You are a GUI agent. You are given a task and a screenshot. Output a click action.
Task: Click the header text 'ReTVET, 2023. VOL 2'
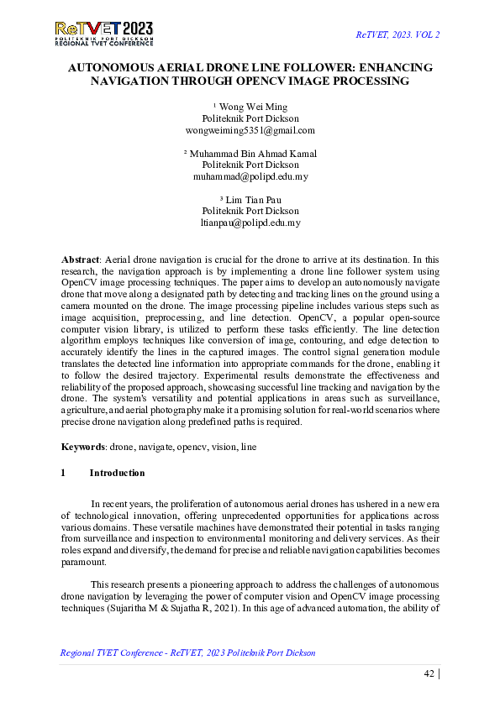(x=398, y=34)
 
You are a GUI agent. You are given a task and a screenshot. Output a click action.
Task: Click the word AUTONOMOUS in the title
(x=113, y=67)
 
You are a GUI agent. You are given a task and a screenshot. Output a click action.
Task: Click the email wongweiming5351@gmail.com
(x=250, y=131)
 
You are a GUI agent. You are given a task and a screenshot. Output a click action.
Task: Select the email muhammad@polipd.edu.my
(x=250, y=177)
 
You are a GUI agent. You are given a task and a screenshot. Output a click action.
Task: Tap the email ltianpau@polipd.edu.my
(x=250, y=223)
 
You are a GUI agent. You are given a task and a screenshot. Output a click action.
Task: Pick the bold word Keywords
(x=84, y=448)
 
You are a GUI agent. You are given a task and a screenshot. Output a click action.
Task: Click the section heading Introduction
(x=117, y=473)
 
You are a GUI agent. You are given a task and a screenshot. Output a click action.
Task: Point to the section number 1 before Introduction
(x=64, y=473)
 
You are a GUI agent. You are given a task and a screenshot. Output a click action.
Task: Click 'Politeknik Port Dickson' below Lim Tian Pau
(x=250, y=212)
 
